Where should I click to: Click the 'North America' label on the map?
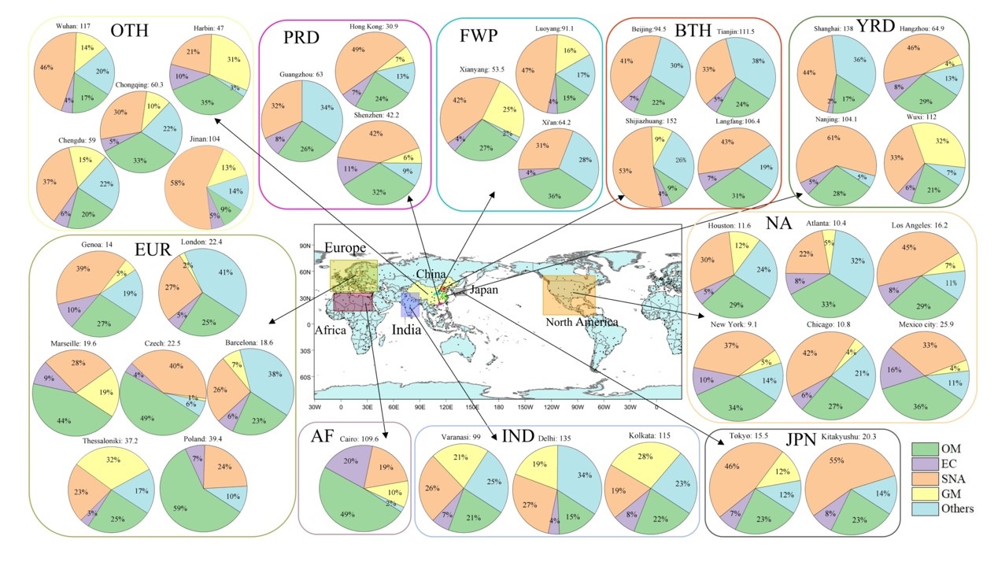coord(582,322)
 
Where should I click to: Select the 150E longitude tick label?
coord(472,408)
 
